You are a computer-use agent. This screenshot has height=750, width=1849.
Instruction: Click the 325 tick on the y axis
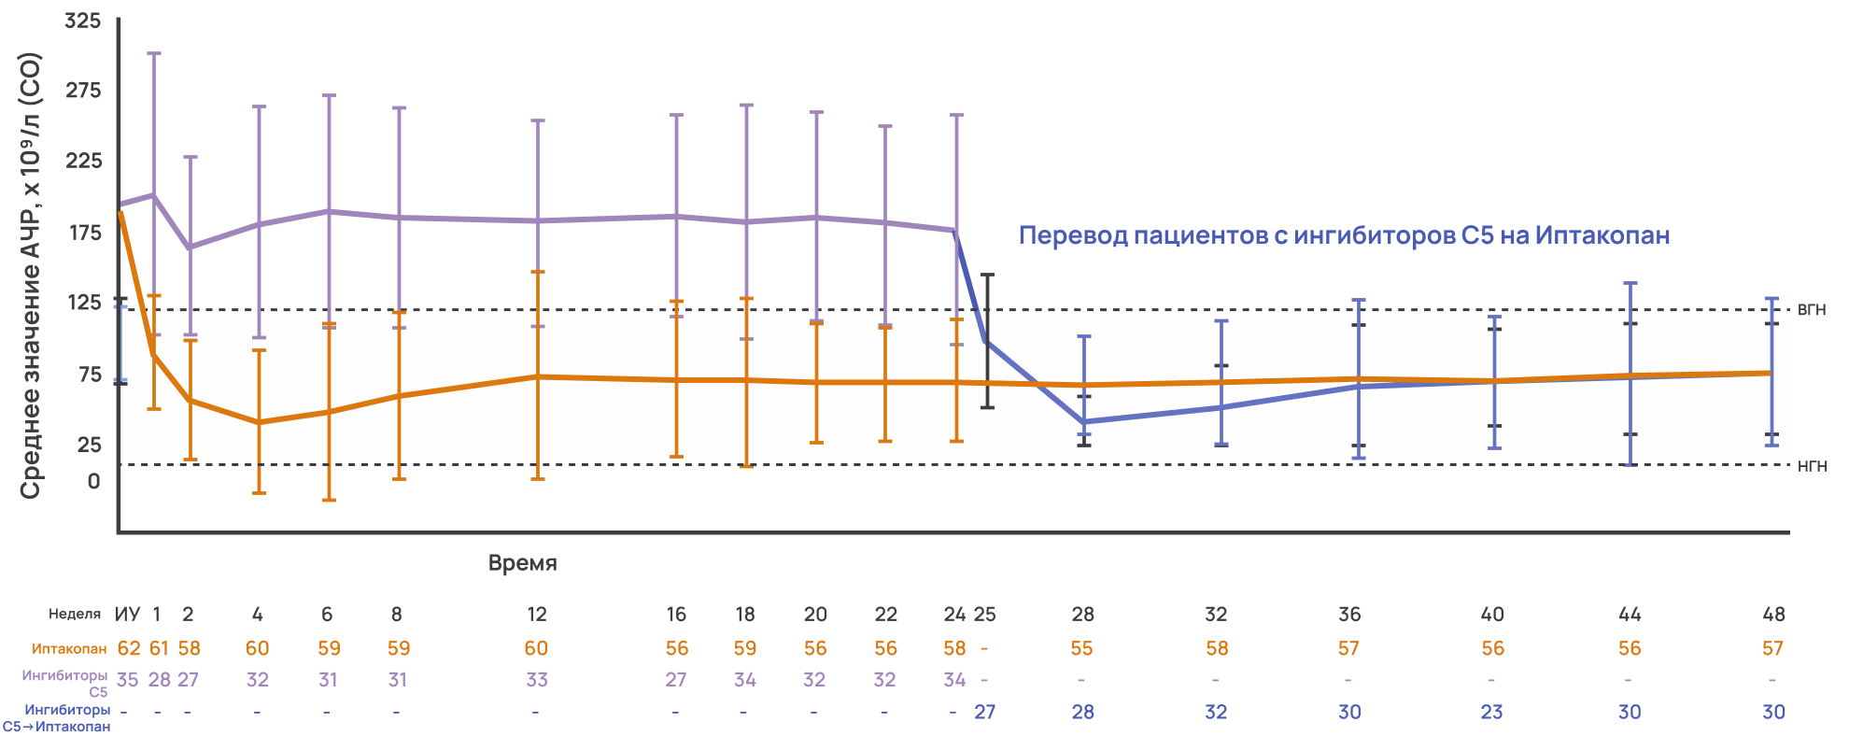tap(83, 21)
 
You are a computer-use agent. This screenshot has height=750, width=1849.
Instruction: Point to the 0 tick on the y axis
tap(93, 482)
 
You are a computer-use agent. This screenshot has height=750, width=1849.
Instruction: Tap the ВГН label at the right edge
tap(1811, 310)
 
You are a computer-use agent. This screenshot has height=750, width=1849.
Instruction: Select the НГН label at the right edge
tap(1812, 466)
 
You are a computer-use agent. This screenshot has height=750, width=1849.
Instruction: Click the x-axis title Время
tap(522, 563)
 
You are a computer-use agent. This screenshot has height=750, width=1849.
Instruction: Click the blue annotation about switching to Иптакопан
tap(1343, 235)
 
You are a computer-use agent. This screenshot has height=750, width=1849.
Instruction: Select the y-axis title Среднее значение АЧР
tap(31, 276)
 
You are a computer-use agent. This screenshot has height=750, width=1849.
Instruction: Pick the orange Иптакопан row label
tap(69, 649)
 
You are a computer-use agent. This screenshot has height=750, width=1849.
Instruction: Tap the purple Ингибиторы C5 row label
tap(65, 683)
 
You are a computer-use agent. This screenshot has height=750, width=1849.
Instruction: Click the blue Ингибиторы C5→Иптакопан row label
tap(58, 718)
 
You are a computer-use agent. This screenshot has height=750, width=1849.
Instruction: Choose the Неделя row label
tap(75, 615)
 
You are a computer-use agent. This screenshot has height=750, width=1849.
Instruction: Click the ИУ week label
tap(127, 615)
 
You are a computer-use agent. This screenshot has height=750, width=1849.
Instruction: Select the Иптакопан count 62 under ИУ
tap(128, 648)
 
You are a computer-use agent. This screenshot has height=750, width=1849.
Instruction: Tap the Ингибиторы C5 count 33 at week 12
tap(537, 680)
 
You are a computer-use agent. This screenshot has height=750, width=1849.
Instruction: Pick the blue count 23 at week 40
tap(1491, 712)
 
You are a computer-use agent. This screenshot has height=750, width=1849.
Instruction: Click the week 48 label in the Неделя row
tap(1773, 615)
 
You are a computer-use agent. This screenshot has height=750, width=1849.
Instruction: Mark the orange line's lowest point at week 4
tap(260, 422)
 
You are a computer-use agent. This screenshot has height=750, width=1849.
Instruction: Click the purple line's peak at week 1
tap(154, 195)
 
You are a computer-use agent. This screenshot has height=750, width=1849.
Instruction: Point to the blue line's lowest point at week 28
tap(1083, 422)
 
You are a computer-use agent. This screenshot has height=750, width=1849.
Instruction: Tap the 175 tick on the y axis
tap(86, 233)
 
